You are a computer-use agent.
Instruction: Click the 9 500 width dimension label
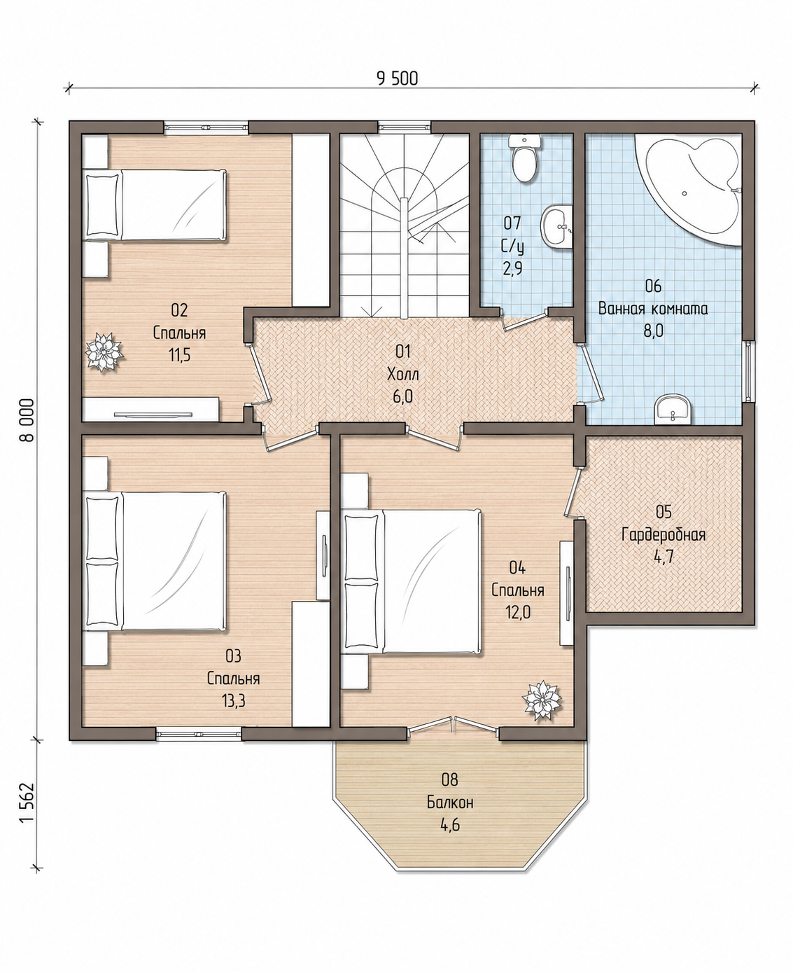(397, 79)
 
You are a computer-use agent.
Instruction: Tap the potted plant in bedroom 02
(104, 351)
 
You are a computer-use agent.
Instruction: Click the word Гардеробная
(664, 535)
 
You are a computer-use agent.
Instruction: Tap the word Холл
(403, 374)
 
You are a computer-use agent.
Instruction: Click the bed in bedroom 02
(155, 204)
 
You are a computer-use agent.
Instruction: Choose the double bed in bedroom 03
(155, 561)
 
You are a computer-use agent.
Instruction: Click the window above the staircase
(405, 127)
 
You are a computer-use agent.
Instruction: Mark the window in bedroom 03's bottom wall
(199, 734)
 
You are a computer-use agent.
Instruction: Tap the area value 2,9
(512, 268)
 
